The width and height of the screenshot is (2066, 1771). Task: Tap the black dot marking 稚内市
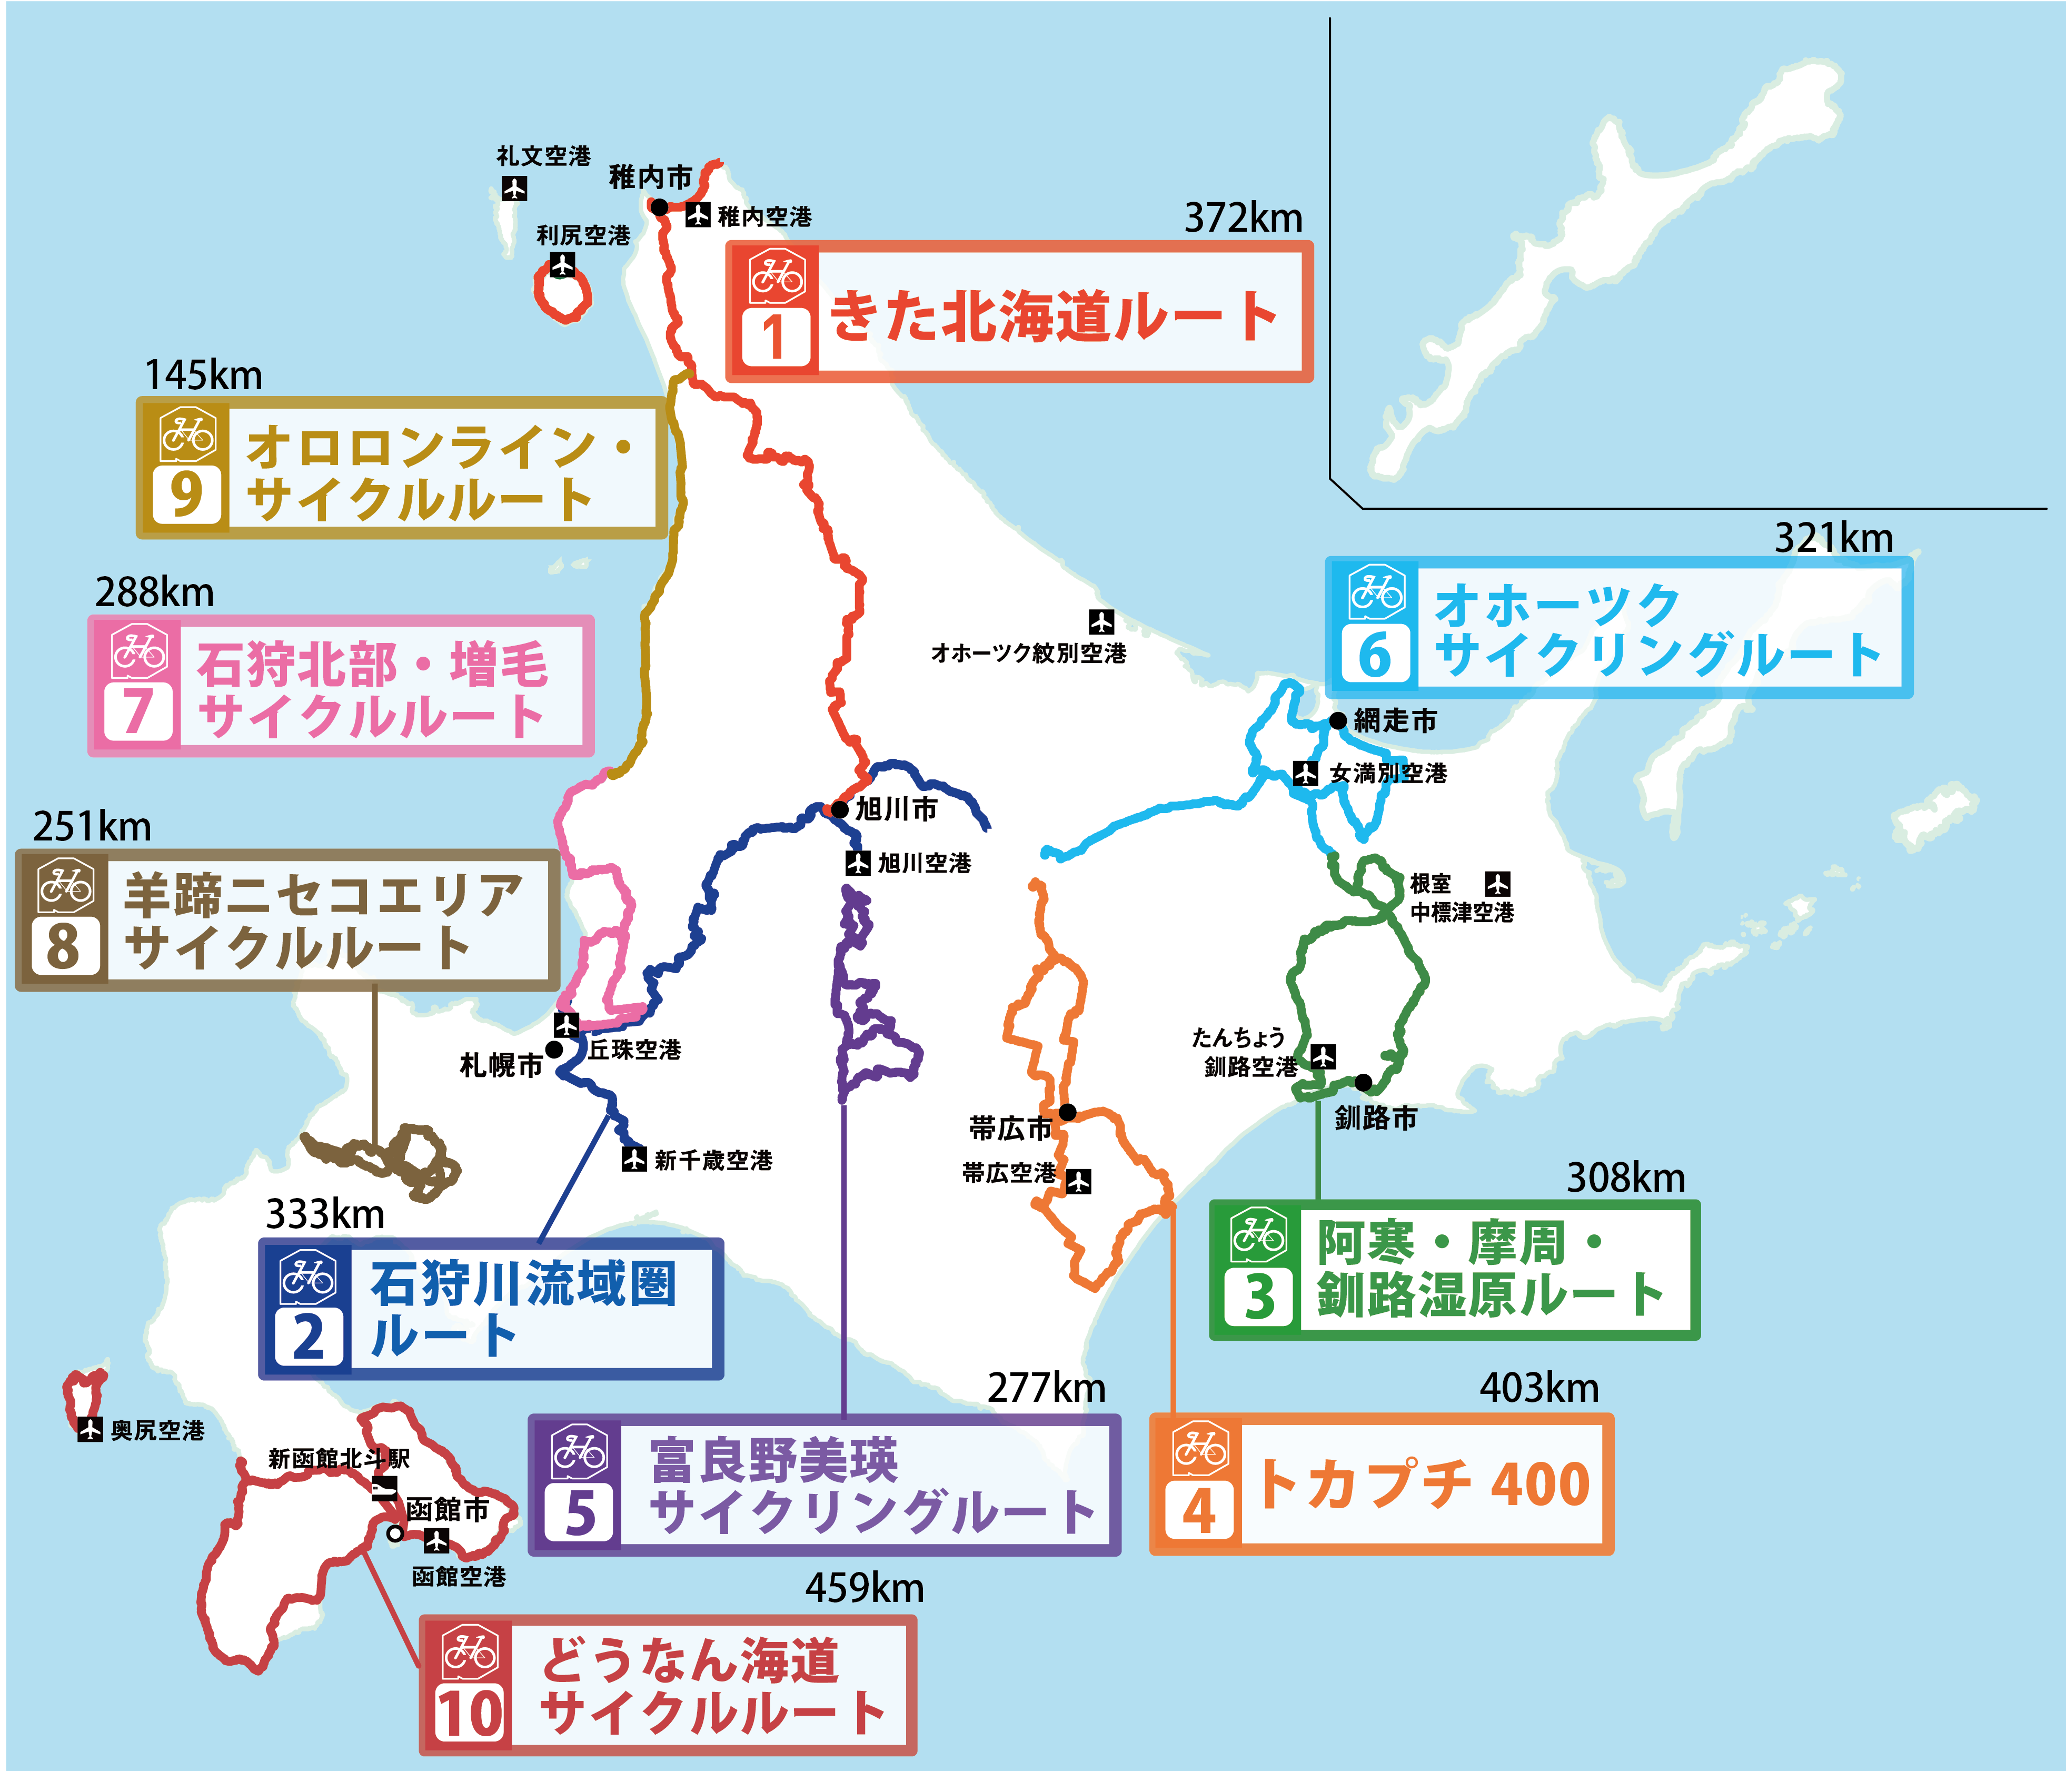click(x=659, y=206)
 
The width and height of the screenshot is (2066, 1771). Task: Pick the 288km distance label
click(x=155, y=592)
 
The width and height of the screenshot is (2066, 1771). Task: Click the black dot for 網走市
click(x=1338, y=720)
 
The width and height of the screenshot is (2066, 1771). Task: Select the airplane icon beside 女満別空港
click(x=1305, y=773)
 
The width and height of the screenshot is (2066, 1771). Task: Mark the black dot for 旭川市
click(x=840, y=809)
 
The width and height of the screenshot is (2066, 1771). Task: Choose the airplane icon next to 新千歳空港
click(x=634, y=1159)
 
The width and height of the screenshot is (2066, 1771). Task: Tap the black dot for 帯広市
click(x=1067, y=1112)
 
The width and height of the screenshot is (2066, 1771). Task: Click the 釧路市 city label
click(x=1376, y=1118)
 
